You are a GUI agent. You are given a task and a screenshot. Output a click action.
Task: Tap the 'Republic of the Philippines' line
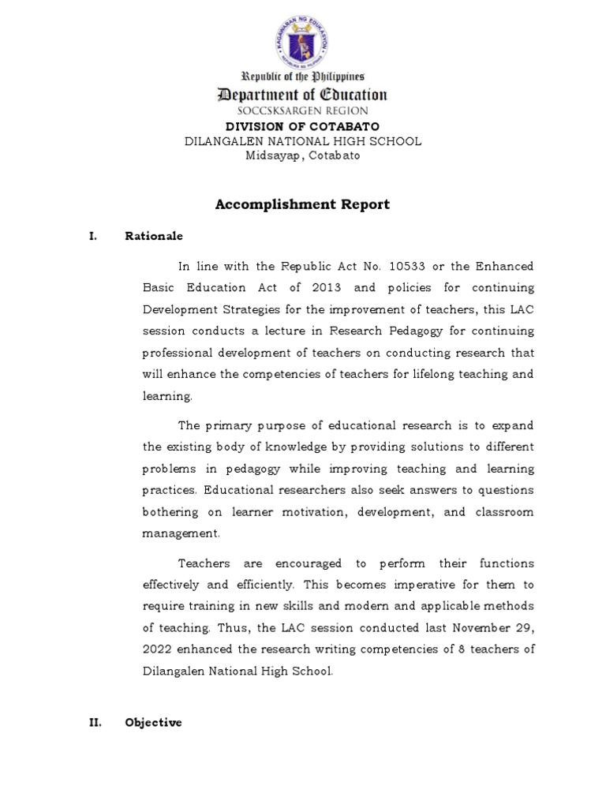[302, 77]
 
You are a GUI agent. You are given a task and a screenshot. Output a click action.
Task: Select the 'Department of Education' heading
[302, 95]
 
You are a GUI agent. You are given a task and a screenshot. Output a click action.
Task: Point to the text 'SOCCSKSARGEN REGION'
[302, 111]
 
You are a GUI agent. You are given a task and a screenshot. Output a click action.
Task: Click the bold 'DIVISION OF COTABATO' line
[302, 126]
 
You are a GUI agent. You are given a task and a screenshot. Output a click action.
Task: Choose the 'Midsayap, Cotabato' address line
[302, 155]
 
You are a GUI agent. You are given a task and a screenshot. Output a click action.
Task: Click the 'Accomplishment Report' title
[302, 204]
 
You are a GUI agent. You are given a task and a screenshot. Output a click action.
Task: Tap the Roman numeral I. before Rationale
[92, 236]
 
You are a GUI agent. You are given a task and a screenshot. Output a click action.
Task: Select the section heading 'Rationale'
[153, 236]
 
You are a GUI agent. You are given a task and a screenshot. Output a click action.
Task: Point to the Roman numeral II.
[95, 722]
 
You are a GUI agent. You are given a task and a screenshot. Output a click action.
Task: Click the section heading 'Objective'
[153, 722]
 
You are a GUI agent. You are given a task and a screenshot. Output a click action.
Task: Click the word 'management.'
[181, 533]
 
